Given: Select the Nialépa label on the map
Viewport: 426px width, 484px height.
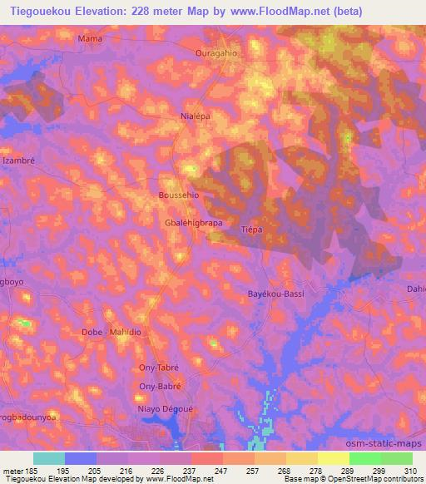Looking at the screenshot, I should tap(196, 117).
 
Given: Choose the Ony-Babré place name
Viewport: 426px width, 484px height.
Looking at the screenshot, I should tap(161, 387).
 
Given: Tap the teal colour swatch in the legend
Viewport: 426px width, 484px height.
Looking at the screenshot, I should tap(48, 458).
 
